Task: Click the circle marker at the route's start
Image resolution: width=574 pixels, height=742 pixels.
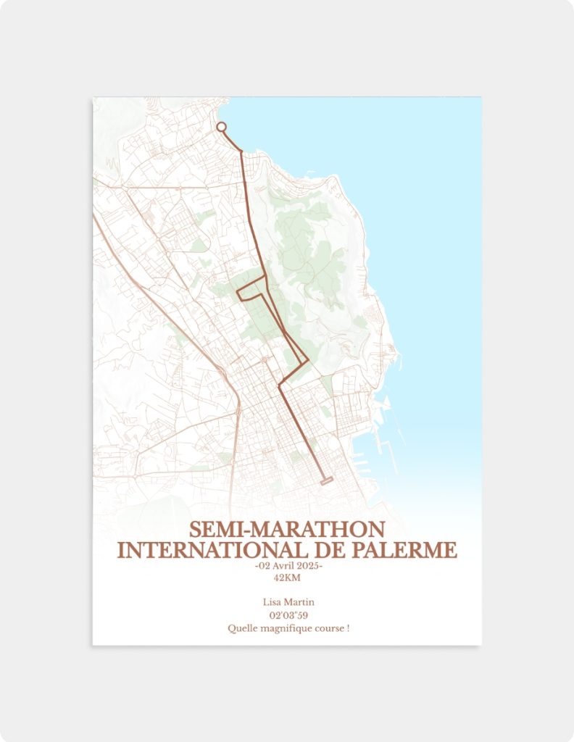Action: (222, 127)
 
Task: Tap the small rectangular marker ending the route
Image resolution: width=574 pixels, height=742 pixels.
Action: (326, 480)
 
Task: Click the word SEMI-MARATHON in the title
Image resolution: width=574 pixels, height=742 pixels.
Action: (287, 530)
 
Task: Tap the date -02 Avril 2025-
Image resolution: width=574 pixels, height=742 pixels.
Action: (288, 566)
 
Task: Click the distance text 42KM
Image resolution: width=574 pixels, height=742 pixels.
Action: (287, 578)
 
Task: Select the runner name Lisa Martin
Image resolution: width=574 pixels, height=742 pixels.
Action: (288, 602)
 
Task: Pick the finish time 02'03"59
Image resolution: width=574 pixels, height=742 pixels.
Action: (288, 615)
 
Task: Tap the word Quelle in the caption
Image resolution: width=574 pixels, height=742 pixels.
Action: (241, 628)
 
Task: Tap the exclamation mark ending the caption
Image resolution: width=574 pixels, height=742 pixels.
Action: (348, 628)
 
